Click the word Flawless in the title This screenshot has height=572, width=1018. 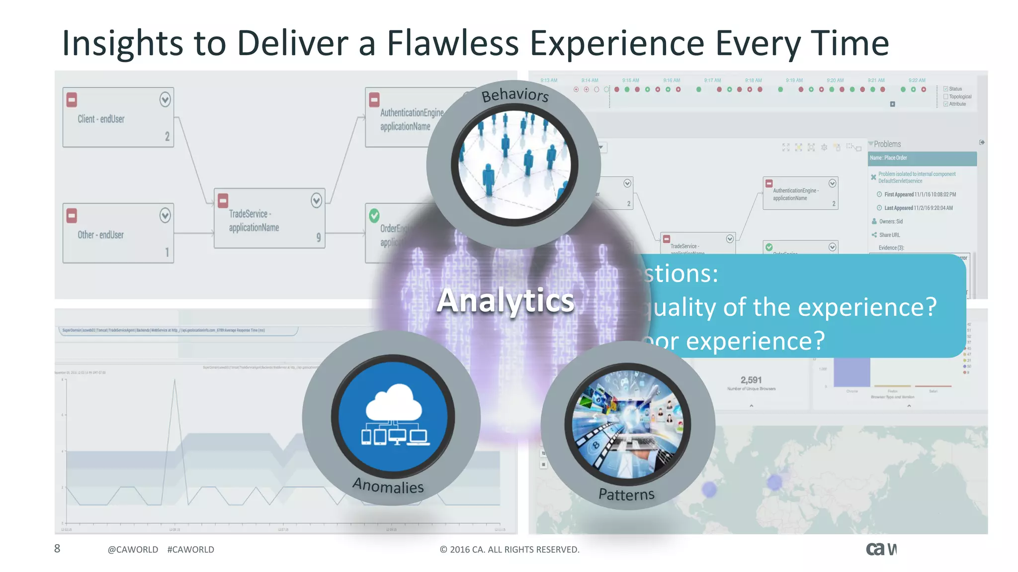pos(452,43)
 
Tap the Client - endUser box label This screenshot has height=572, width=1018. pos(101,119)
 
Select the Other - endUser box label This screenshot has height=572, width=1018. pos(100,235)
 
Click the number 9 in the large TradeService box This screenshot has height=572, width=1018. pos(319,237)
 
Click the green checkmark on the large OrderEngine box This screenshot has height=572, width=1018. pos(374,215)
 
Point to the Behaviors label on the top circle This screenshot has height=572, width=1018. pos(515,94)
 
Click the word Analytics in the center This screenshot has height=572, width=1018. pos(506,300)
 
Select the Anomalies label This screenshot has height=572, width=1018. pos(388,485)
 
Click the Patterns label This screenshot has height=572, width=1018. pos(626,494)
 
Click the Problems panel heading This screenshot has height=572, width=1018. pos(887,144)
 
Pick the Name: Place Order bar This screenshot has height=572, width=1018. pos(922,158)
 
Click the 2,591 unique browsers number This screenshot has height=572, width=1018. pos(751,380)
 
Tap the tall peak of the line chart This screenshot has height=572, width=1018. pos(174,381)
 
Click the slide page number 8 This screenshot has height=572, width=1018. pos(57,549)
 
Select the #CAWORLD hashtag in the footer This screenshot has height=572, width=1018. pos(191,550)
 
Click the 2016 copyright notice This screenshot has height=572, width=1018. pos(509,550)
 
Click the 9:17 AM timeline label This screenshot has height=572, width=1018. pos(712,80)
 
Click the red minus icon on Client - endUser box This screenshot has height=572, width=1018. pos(72,100)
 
